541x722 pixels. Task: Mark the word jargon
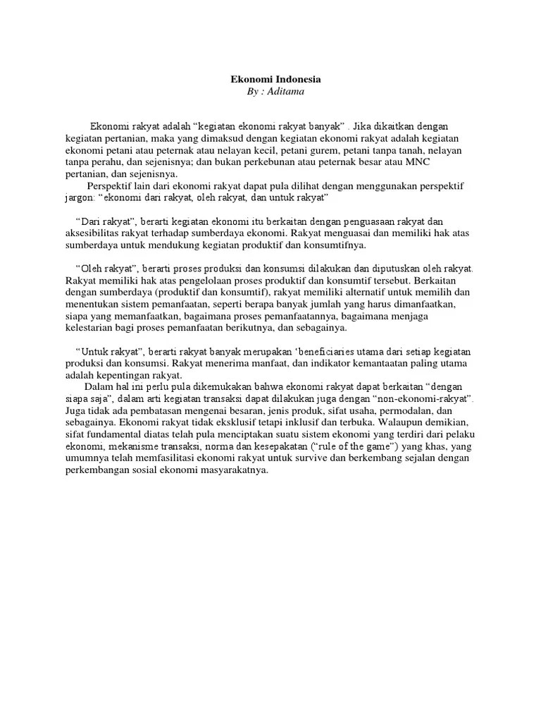80,199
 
